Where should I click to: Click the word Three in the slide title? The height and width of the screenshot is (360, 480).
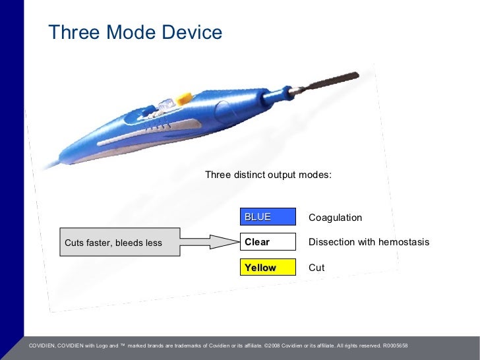click(x=69, y=32)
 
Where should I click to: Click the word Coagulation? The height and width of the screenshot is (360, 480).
click(x=335, y=218)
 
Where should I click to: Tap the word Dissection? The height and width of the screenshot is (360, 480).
click(x=332, y=242)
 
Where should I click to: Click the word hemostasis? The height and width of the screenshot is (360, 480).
click(x=403, y=242)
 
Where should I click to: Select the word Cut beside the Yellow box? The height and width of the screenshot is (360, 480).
click(x=316, y=268)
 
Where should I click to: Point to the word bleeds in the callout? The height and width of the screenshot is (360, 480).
click(x=133, y=243)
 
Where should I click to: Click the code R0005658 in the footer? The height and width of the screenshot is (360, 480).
click(x=395, y=345)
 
